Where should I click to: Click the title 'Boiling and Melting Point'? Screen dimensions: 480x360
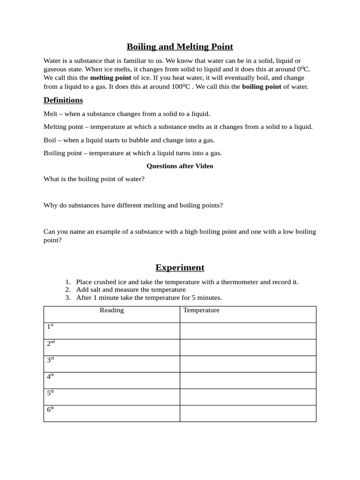pyautogui.click(x=180, y=47)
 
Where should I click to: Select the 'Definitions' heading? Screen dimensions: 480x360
pyautogui.click(x=63, y=100)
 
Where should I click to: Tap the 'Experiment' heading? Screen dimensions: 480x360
pyautogui.click(x=180, y=268)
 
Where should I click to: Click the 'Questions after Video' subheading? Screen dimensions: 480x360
pyautogui.click(x=180, y=166)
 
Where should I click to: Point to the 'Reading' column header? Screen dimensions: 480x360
pyautogui.click(x=112, y=310)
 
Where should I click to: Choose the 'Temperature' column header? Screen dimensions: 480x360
pyautogui.click(x=201, y=310)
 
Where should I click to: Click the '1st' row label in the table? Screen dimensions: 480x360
pyautogui.click(x=50, y=326)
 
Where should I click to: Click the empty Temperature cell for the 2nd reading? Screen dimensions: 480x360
pyautogui.click(x=247, y=347)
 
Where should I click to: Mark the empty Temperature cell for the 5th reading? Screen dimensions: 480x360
pyautogui.click(x=247, y=397)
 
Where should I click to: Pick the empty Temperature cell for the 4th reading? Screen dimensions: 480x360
pyautogui.click(x=247, y=380)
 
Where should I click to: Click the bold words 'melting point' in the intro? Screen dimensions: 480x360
pyautogui.click(x=111, y=78)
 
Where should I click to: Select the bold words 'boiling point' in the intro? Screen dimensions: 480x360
pyautogui.click(x=262, y=87)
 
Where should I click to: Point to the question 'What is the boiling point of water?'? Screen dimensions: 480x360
pyautogui.click(x=94, y=179)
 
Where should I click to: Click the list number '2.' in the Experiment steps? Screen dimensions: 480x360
pyautogui.click(x=68, y=290)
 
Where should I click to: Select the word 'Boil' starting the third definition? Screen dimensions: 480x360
pyautogui.click(x=50, y=140)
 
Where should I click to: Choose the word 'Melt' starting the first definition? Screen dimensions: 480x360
pyautogui.click(x=50, y=114)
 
